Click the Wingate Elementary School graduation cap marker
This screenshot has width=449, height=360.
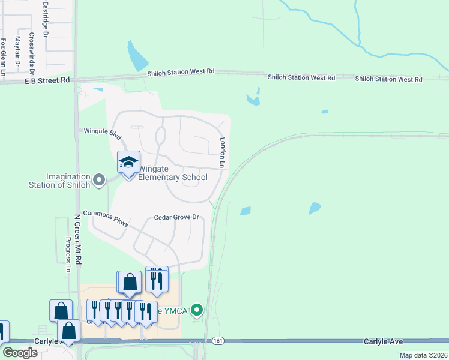[x=128, y=163]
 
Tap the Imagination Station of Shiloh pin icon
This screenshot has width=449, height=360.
[x=99, y=179]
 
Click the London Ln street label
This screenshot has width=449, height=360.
[x=222, y=152]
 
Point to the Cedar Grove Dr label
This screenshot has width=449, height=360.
[x=176, y=217]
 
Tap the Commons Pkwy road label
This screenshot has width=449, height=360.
[x=106, y=218]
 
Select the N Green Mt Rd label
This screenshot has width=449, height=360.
[x=77, y=241]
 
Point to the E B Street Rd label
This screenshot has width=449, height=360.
[x=47, y=80]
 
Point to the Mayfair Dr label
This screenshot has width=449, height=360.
[x=17, y=50]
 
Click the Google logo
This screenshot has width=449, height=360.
[x=20, y=353]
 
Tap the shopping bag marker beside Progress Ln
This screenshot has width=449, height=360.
[x=61, y=311]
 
